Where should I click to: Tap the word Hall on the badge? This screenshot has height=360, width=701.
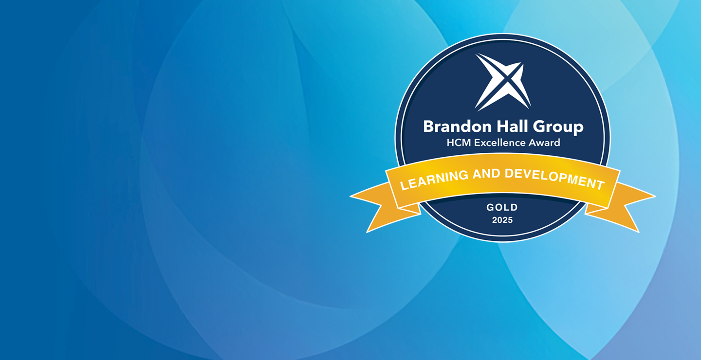(512, 126)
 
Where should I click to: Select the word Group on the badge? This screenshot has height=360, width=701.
(558, 127)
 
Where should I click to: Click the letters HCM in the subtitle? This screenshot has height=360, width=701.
(459, 143)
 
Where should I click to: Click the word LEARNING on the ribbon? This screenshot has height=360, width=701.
(434, 180)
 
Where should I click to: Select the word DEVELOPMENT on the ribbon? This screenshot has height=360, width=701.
(554, 179)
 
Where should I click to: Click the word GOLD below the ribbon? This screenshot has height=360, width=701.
(502, 207)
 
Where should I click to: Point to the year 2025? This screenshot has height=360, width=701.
(502, 220)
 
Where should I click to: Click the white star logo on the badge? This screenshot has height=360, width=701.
(503, 82)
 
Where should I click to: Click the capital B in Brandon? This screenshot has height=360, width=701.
(429, 126)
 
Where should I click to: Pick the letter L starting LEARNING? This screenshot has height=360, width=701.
(404, 186)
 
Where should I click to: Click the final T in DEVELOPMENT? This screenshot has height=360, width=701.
(600, 184)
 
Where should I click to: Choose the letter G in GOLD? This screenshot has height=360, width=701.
(490, 207)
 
